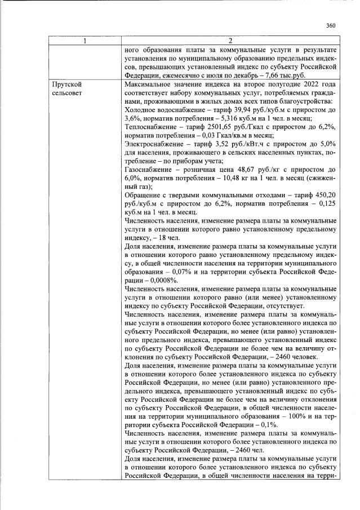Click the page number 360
pyautogui.click(x=331, y=25)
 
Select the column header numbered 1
pyautogui.click(x=85, y=41)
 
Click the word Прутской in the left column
pyautogui.click(x=65, y=85)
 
